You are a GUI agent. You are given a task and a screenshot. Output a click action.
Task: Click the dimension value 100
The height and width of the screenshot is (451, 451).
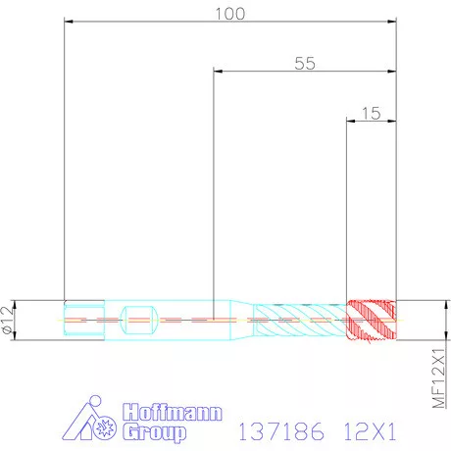click(x=230, y=13)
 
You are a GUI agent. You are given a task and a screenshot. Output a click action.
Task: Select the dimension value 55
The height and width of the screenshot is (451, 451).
click(x=305, y=64)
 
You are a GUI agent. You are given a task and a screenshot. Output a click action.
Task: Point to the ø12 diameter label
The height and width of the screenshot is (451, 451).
click(x=10, y=320)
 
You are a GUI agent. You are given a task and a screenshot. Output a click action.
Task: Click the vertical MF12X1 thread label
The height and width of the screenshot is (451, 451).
click(x=438, y=374)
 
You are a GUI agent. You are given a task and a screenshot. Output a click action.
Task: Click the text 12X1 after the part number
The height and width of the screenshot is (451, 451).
click(x=370, y=428)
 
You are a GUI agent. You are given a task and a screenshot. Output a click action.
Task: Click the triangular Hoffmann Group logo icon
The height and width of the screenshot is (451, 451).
click(x=96, y=423)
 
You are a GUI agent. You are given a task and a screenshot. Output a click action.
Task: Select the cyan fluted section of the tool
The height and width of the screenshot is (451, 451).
click(x=299, y=319)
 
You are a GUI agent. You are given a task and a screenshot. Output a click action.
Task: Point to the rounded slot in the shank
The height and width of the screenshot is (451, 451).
click(x=139, y=319)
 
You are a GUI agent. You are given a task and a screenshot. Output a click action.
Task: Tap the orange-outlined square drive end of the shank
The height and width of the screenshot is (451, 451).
click(x=82, y=319)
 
